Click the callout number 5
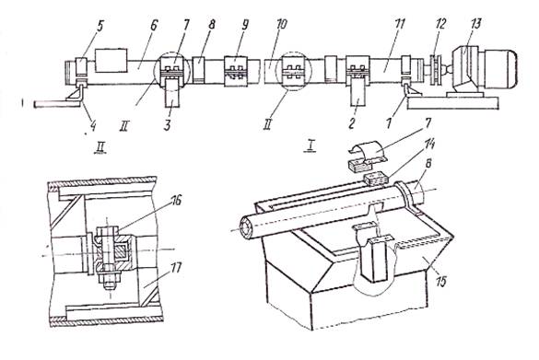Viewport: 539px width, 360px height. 100,27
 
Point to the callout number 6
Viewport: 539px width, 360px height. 154,26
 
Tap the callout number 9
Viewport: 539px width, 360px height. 245,26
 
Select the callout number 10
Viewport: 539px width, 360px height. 282,25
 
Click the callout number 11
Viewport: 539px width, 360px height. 400,24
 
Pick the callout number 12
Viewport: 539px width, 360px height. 440,24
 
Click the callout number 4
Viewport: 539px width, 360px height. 92,126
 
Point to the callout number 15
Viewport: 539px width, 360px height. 440,281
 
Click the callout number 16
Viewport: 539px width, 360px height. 176,201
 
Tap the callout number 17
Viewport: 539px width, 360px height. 176,268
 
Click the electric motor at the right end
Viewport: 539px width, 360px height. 485,70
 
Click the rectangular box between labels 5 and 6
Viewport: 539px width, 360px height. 111,60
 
